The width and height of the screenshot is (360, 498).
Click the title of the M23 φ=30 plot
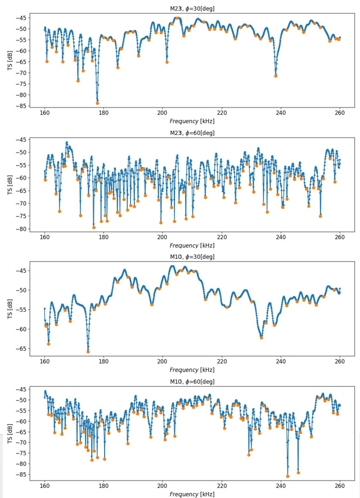click(x=192, y=8)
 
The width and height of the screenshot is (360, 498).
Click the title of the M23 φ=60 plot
click(x=192, y=133)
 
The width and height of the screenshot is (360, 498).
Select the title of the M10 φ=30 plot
click(x=192, y=257)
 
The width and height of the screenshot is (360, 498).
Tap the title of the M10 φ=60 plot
click(x=192, y=382)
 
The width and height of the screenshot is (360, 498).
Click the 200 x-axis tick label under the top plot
click(x=163, y=113)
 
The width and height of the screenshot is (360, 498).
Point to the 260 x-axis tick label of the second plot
click(x=340, y=237)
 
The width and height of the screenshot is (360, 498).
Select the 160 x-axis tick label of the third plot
click(x=44, y=361)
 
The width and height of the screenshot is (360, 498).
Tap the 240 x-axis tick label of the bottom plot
click(x=281, y=486)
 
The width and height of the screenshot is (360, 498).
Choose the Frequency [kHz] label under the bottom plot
click(x=192, y=493)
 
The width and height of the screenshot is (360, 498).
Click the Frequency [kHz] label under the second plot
click(x=192, y=245)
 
